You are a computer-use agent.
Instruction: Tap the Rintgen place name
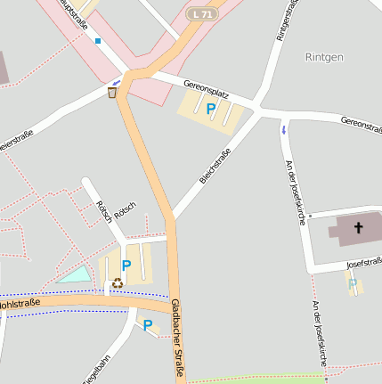coord(324,56)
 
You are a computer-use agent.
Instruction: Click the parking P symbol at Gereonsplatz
coord(211,109)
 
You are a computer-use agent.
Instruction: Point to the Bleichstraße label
coord(215,167)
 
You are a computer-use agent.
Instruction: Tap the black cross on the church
coord(359,227)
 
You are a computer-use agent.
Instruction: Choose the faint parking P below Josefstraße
coord(353,284)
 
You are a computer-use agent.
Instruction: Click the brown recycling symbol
coord(118,283)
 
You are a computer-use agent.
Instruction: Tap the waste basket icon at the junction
coord(112,92)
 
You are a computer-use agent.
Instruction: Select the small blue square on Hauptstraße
coord(98,41)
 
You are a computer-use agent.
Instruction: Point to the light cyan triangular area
coord(75,275)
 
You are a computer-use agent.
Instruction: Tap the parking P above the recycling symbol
coord(126,266)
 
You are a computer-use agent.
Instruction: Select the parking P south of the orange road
coord(148,325)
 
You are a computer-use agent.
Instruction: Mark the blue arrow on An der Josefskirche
coord(284,130)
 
